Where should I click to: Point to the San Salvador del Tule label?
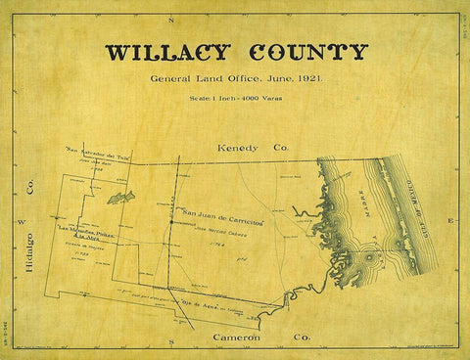(98, 152)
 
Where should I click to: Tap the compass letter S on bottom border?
(169, 349)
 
